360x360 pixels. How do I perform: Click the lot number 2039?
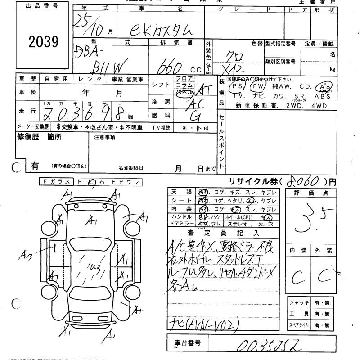44,42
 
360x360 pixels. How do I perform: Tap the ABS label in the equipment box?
323,96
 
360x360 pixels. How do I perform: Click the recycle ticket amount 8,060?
301,182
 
